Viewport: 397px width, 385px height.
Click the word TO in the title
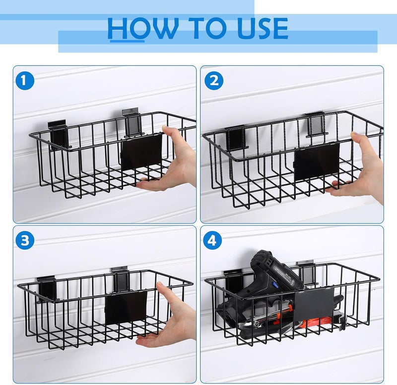click(200, 29)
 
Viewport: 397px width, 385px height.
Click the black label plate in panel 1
click(142, 151)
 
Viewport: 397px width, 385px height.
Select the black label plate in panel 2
click(318, 161)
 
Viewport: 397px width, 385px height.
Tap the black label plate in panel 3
click(126, 307)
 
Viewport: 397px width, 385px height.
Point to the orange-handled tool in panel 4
click(278, 317)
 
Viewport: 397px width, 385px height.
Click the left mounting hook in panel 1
click(59, 135)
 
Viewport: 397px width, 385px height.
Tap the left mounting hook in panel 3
click(47, 288)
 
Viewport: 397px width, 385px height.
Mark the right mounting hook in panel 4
click(307, 272)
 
